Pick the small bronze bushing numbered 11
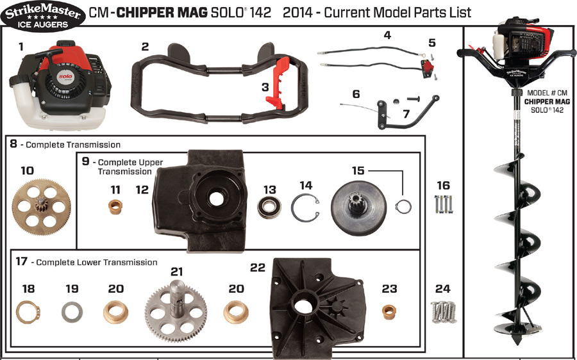[115, 209]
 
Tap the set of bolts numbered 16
[444, 204]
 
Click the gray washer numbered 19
[72, 313]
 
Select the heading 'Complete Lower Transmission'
[96, 262]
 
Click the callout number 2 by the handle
[145, 46]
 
